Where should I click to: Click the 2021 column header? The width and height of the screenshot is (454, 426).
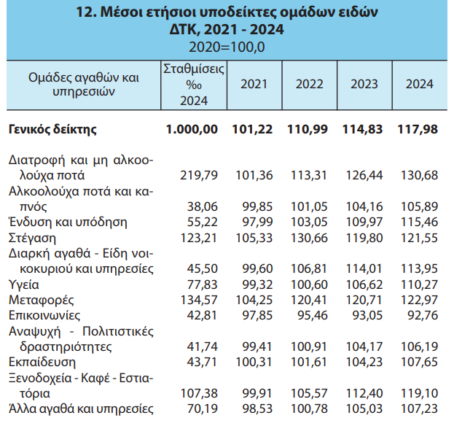click(x=253, y=84)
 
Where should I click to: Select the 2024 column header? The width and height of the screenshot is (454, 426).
click(x=420, y=84)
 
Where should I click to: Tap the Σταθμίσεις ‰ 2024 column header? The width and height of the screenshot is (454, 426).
click(x=193, y=84)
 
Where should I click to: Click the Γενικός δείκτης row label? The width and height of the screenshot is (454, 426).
click(x=53, y=129)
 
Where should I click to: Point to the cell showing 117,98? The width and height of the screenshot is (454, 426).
click(x=420, y=129)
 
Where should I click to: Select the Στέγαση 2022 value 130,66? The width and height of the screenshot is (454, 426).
click(x=309, y=239)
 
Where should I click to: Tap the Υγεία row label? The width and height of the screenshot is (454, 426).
click(x=25, y=284)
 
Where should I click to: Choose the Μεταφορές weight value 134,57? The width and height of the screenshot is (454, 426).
click(x=198, y=300)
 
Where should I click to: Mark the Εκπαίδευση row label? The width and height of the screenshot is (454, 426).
click(x=40, y=362)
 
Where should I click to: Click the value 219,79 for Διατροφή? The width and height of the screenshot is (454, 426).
click(x=198, y=176)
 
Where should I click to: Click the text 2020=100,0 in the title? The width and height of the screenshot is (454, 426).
click(x=227, y=47)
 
